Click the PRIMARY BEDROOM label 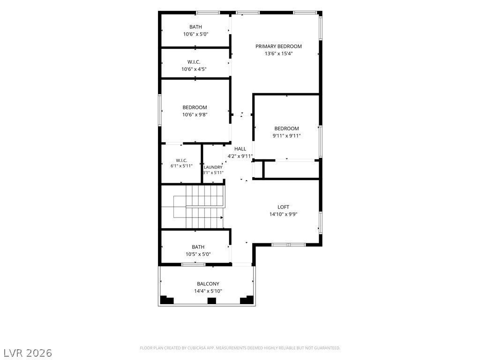coord(278,46)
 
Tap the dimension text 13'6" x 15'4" coord(278,53)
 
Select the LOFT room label coord(283,207)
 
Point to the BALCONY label coord(208,284)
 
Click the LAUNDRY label coord(213,167)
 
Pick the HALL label coord(240,149)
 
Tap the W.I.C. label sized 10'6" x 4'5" coord(194,62)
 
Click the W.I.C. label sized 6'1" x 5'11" coord(181,160)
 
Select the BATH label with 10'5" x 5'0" coord(198,247)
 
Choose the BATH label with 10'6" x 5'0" coord(195,27)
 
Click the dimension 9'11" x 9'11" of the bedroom coord(286,136)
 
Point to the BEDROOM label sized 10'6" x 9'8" coord(195,107)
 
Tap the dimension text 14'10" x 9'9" coord(283,214)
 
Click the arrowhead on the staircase coord(222,217)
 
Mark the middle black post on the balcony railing coord(212,300)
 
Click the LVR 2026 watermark coord(27,353)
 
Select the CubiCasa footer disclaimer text coord(240,348)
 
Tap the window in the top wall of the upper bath coord(208,13)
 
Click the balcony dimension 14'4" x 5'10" coord(208,291)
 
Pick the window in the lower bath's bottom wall coord(194,264)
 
